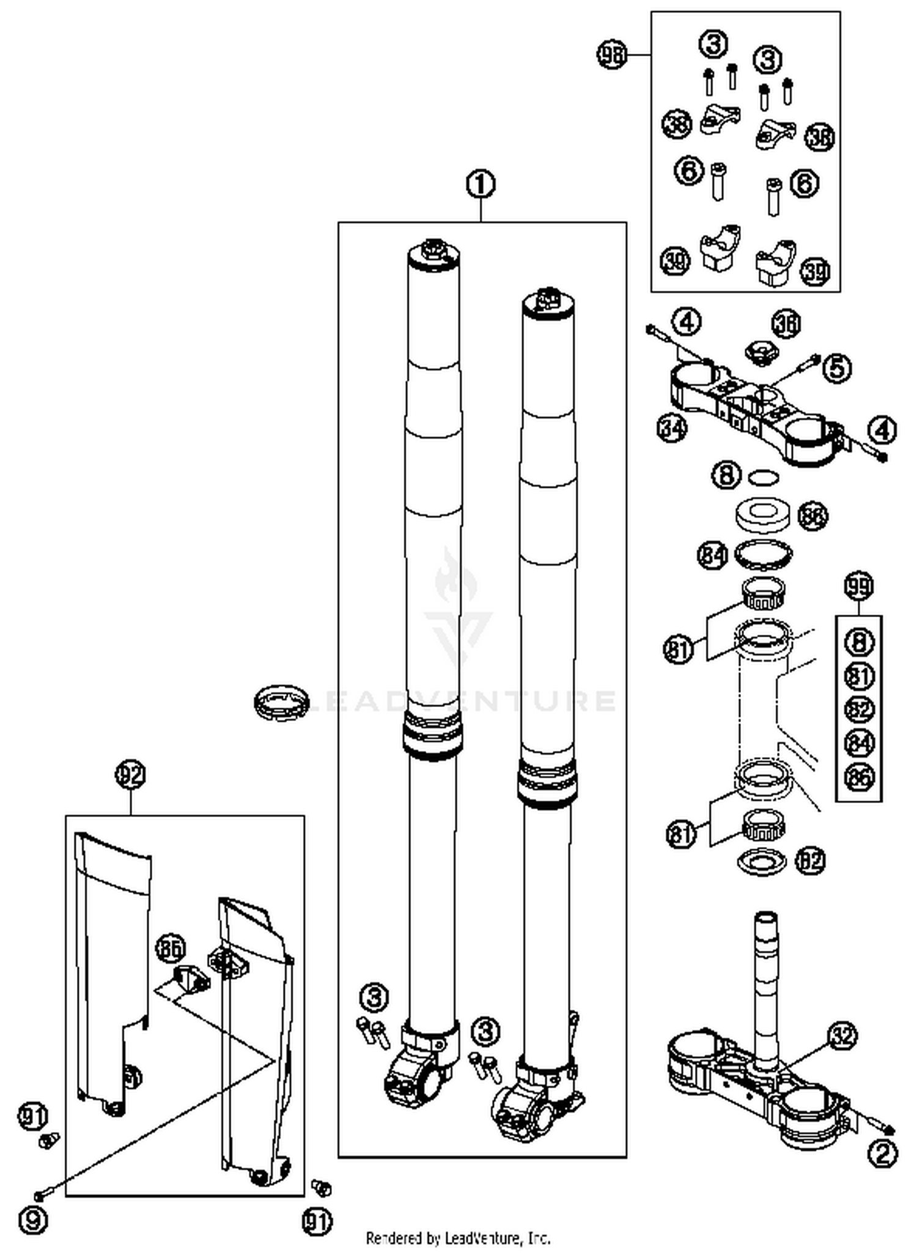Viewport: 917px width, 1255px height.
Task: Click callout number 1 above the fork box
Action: point(481,184)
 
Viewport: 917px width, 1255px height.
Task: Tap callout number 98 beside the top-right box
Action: point(612,54)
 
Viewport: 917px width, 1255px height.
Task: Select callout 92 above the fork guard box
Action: point(130,775)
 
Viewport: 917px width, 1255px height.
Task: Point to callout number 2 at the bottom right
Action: point(883,1154)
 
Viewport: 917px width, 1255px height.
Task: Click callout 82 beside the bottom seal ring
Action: point(810,861)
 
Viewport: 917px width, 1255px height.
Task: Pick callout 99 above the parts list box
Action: point(858,586)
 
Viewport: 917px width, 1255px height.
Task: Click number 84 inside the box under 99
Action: point(859,743)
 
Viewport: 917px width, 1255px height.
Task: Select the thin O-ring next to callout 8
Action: point(764,476)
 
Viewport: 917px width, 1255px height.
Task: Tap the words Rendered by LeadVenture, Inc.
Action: point(458,1238)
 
